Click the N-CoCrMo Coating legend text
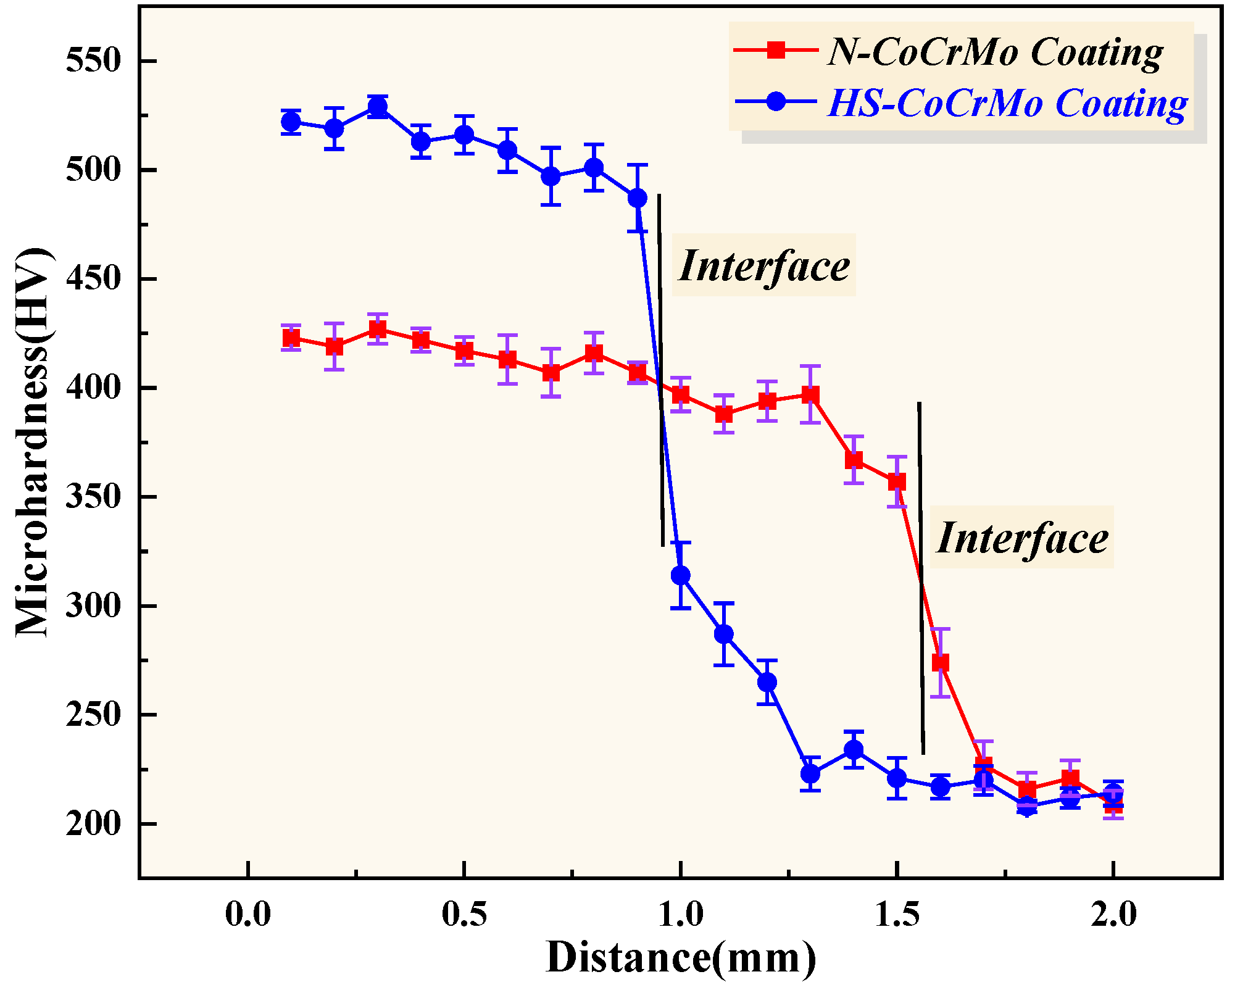click(x=995, y=52)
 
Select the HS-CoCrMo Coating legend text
click(x=1007, y=102)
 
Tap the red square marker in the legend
click(x=776, y=50)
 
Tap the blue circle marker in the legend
click(x=776, y=101)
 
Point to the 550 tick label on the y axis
click(x=93, y=61)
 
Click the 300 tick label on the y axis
click(x=93, y=606)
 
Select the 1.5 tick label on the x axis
click(x=897, y=914)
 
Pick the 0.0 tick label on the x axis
click(x=248, y=914)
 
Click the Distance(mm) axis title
click(x=681, y=958)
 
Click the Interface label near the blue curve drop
click(x=763, y=265)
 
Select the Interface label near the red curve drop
click(x=1021, y=538)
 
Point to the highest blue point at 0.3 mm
click(x=378, y=107)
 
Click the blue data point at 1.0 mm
click(x=681, y=575)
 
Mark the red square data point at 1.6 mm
click(x=940, y=663)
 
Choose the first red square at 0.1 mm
click(x=291, y=338)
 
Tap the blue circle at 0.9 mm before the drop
click(x=638, y=198)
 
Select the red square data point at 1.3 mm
click(x=810, y=394)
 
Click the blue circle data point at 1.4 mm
click(x=854, y=749)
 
